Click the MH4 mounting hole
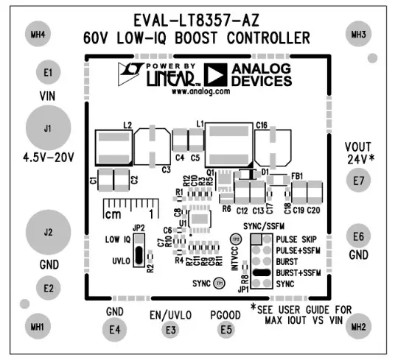35,35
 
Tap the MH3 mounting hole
359,35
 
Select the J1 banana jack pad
47,129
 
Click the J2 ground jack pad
47,233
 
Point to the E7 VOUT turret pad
359,180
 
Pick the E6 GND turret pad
359,236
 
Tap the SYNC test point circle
220,283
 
